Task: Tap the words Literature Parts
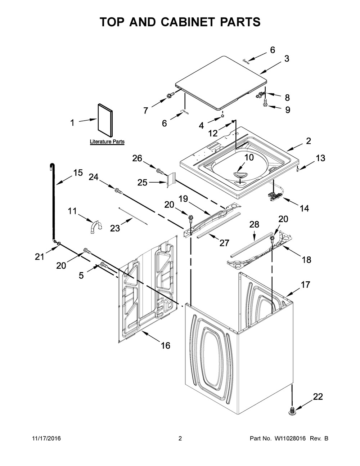coord(107,142)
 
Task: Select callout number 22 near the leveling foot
coord(318,397)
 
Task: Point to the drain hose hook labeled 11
coord(96,227)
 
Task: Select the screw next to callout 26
coord(160,171)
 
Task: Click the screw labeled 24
coord(118,191)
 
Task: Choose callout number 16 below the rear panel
coord(166,345)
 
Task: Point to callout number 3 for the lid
coord(287,59)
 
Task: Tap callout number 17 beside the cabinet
coord(305,284)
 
